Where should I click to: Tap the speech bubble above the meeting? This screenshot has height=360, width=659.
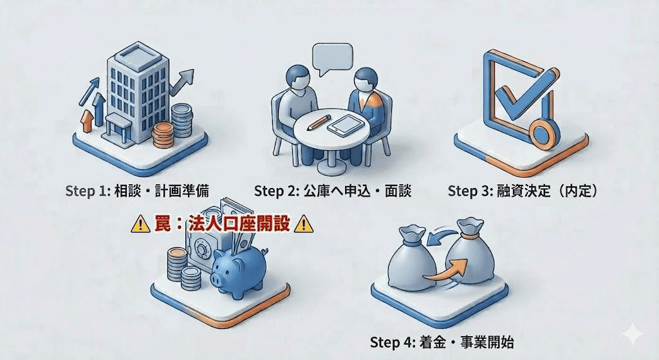point(333,59)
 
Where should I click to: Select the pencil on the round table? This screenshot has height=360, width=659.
point(319,122)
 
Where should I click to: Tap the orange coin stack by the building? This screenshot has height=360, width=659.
point(163,135)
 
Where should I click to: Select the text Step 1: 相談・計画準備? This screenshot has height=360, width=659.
point(137,191)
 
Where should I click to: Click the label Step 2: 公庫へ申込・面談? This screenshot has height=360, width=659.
point(333,191)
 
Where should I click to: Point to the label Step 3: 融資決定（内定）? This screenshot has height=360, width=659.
point(523,191)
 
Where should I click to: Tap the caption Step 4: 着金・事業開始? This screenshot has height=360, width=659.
point(441,342)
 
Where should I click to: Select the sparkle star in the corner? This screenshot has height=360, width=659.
point(633,334)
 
